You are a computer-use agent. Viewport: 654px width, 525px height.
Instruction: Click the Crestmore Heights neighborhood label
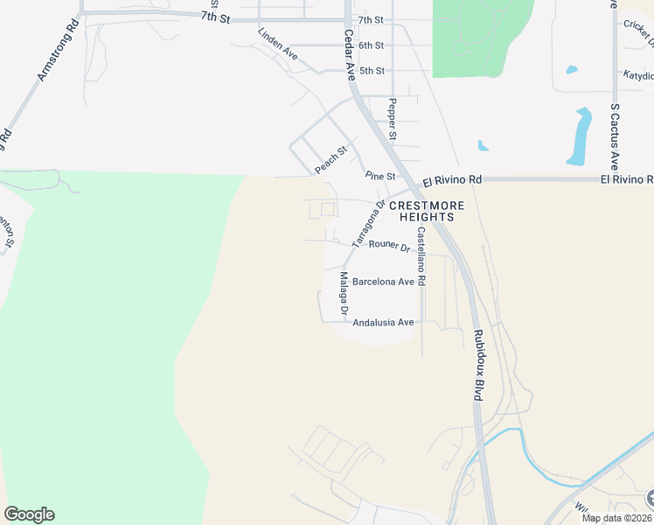[x=422, y=211]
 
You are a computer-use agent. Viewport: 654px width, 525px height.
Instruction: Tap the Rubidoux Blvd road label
[x=477, y=365]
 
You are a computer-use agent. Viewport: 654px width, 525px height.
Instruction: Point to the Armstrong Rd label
[x=54, y=52]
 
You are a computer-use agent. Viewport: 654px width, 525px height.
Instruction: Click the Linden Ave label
[x=278, y=44]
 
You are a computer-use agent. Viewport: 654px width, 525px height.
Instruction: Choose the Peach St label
[x=331, y=158]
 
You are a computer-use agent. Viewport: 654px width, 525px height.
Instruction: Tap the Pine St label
[x=380, y=176]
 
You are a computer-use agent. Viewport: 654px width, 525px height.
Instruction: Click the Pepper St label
[x=393, y=120]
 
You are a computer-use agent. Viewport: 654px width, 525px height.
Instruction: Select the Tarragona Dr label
[x=368, y=224]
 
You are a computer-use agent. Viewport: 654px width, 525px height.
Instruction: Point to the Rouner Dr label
[x=389, y=246]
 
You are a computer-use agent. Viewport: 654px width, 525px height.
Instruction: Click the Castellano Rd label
[x=421, y=257]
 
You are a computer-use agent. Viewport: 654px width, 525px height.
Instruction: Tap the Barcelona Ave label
[x=383, y=282]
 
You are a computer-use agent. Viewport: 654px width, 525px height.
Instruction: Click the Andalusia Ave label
[x=383, y=322]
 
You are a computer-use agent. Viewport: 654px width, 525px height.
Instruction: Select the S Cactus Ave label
[x=615, y=136]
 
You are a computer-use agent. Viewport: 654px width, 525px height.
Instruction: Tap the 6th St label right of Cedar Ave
[x=371, y=45]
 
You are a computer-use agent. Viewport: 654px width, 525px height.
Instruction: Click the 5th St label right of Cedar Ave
[x=371, y=70]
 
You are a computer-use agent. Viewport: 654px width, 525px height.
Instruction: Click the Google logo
[x=29, y=514]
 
